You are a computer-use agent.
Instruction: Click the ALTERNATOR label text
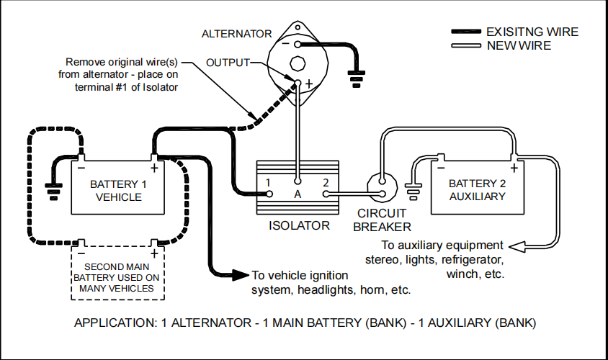(236, 34)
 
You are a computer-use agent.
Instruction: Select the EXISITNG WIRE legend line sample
(466, 32)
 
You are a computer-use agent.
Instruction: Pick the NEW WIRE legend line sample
(466, 46)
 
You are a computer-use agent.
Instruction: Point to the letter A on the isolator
(296, 194)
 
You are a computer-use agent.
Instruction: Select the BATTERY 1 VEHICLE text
(118, 190)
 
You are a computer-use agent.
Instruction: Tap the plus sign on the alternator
(308, 83)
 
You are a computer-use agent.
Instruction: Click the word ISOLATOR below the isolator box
(299, 225)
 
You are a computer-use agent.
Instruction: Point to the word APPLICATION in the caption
(110, 323)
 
